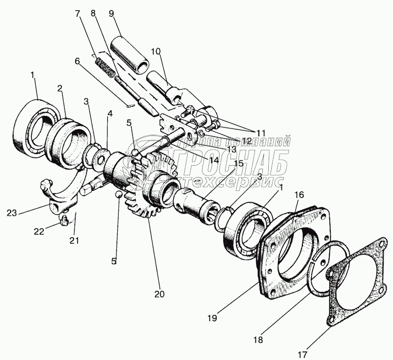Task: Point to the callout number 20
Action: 159,294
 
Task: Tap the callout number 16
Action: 299,195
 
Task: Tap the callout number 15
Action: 238,163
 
